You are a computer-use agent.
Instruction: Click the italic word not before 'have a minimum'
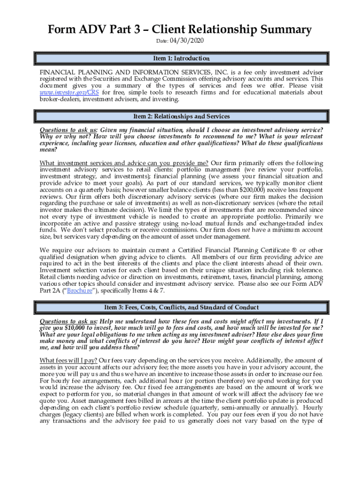click(x=248, y=230)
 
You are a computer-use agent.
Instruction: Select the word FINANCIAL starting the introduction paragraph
click(x=58, y=73)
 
